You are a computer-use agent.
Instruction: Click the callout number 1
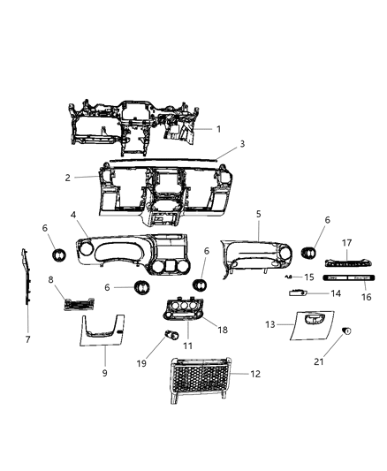click(x=219, y=129)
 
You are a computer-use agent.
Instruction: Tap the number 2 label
click(x=91, y=177)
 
